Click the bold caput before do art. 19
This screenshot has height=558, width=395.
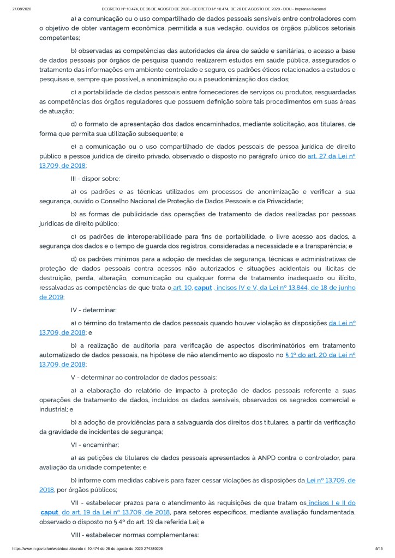click(x=50, y=512)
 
